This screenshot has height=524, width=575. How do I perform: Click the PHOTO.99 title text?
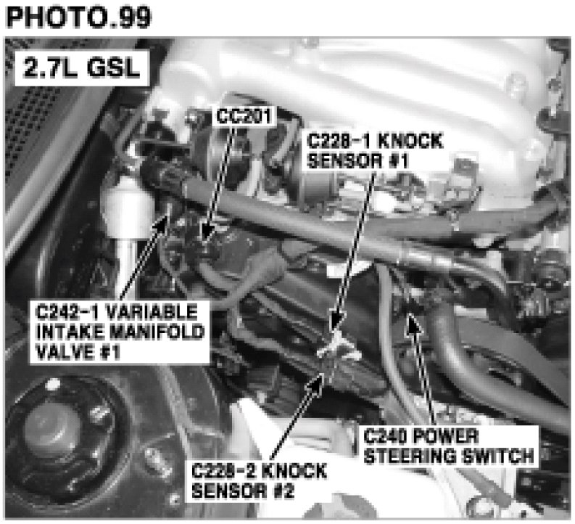tap(79, 17)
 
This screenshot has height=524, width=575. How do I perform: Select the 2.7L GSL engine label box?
tap(82, 68)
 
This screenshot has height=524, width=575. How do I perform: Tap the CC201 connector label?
tap(244, 115)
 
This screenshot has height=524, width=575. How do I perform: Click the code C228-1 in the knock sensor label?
tap(338, 141)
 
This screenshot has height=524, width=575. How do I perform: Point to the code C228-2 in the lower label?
tap(223, 471)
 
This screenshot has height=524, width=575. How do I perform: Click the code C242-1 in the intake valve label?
tap(69, 312)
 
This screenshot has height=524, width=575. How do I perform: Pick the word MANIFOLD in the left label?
tap(157, 332)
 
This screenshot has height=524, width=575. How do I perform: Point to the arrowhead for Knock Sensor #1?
tap(336, 320)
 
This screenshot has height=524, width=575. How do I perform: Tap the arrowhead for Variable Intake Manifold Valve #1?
tap(159, 223)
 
